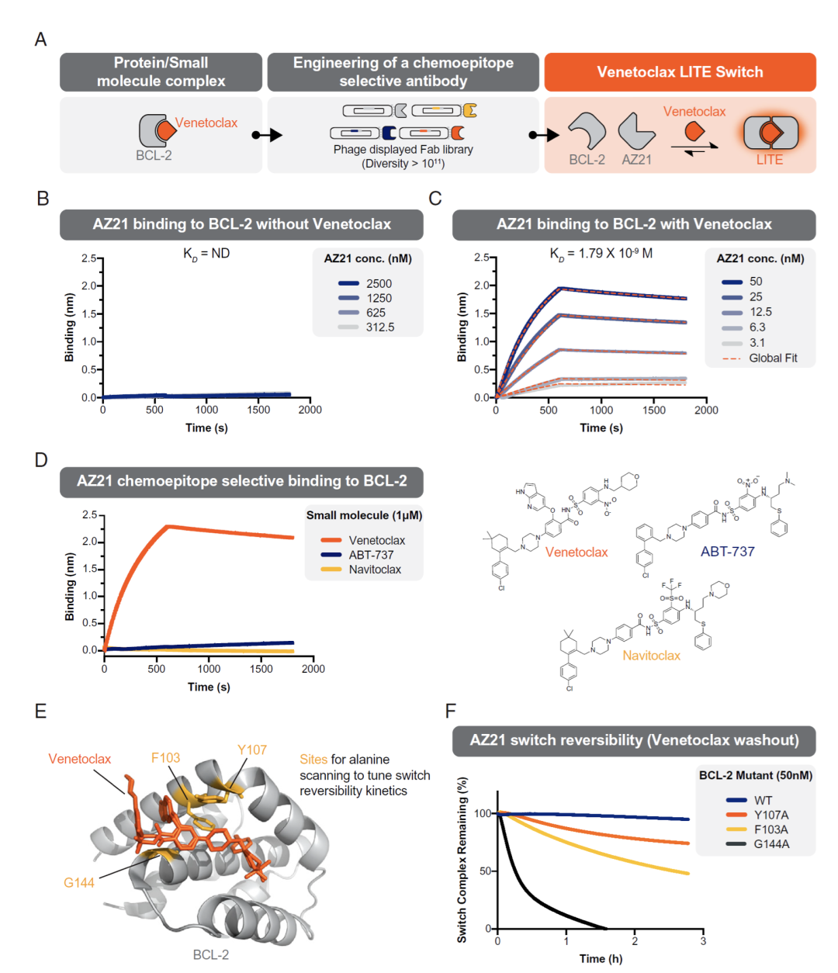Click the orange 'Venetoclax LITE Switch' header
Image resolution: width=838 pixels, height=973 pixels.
click(680, 72)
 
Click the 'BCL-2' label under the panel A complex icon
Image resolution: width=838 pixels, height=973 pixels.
click(154, 155)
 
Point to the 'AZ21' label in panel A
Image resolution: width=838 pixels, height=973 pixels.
click(636, 160)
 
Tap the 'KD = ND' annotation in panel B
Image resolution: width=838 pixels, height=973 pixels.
click(206, 254)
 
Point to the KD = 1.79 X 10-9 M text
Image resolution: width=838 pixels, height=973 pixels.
click(601, 254)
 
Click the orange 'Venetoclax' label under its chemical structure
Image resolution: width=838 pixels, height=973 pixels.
click(577, 552)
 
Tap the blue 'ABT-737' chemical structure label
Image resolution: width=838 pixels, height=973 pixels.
click(727, 552)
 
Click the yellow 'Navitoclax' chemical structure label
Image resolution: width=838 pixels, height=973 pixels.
click(651, 656)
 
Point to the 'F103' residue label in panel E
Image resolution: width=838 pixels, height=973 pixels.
click(165, 758)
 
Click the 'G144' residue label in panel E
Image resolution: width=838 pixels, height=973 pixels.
click(79, 883)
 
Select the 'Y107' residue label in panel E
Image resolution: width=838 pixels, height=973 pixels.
click(252, 750)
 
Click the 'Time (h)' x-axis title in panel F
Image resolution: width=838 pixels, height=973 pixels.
click(601, 959)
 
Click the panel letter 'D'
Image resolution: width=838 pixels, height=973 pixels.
click(41, 460)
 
